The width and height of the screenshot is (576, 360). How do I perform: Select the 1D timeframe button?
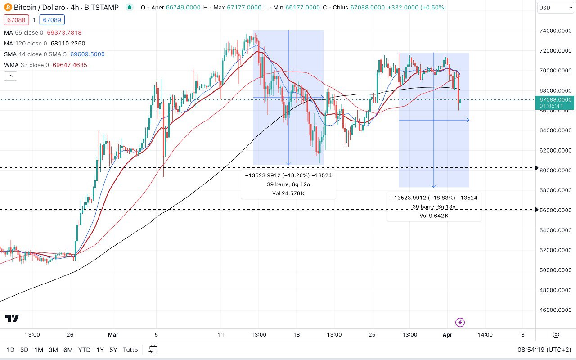pos(10,350)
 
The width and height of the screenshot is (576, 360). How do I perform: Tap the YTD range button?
pos(84,350)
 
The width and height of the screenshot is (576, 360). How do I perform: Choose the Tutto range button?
pos(130,350)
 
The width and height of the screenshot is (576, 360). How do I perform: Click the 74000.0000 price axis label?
pos(556,31)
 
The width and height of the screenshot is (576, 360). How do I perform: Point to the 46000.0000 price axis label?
pos(556,310)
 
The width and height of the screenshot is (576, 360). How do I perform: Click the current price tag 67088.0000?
pos(555,99)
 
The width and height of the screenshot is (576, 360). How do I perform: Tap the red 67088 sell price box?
pos(16,20)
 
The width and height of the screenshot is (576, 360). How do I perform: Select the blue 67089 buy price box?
pos(52,20)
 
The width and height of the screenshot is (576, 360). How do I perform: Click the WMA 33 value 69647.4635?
pos(70,65)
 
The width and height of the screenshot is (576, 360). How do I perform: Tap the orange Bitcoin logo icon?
pos(7,8)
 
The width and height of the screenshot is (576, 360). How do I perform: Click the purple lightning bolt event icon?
pos(460,322)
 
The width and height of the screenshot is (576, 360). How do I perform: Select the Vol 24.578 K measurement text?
pos(288,193)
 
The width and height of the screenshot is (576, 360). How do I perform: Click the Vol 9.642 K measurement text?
pos(434,216)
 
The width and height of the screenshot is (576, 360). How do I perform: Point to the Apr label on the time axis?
pos(447,335)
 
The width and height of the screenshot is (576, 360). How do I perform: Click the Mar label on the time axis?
pos(113,335)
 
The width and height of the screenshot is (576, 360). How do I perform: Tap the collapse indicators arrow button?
pos(10,76)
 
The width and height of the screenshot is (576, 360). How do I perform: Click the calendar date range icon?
pos(153,350)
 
